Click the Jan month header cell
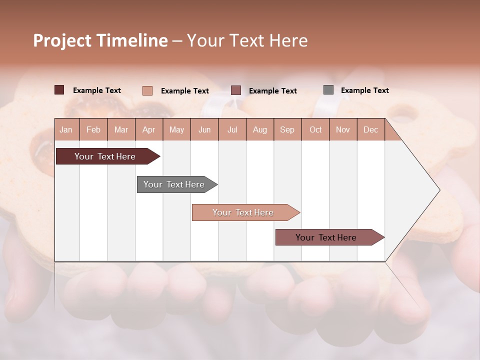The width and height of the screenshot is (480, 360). (66, 129)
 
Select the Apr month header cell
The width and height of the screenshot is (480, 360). (149, 129)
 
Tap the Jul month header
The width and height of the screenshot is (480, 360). (232, 129)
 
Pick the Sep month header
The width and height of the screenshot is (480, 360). (287, 129)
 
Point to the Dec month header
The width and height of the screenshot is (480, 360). (370, 129)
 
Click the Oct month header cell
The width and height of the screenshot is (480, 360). (315, 129)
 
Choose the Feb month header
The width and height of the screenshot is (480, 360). (93, 129)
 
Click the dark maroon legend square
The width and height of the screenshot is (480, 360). (59, 90)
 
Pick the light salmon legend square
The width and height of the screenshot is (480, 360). (147, 90)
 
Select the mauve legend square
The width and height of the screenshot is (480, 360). (236, 90)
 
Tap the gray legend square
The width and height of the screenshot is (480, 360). (328, 90)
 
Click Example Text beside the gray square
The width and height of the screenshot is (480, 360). (364, 90)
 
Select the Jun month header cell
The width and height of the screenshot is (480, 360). (204, 129)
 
